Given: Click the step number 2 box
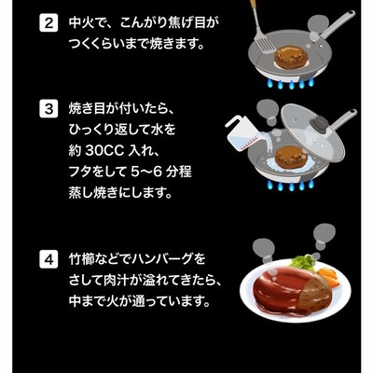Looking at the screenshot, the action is pyautogui.click(x=48, y=23).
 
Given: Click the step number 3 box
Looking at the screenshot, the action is pyautogui.click(x=48, y=109).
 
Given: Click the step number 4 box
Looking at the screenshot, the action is pyautogui.click(x=48, y=259).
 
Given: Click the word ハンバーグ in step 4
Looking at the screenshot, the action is pyautogui.click(x=161, y=259).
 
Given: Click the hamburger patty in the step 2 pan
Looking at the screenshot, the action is pyautogui.click(x=291, y=57).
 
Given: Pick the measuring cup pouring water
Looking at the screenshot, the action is pyautogui.click(x=242, y=132).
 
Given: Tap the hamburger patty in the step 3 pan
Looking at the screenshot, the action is pyautogui.click(x=290, y=158).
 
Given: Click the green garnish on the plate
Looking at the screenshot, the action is pyautogui.click(x=303, y=262).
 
